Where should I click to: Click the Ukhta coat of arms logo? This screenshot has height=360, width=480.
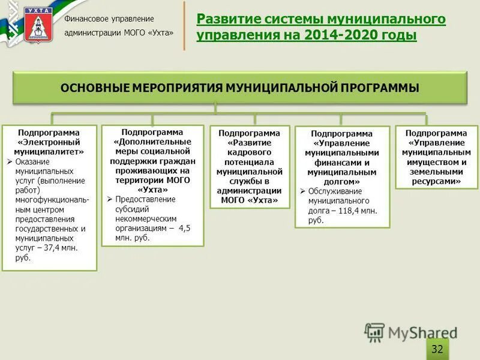point(38,25)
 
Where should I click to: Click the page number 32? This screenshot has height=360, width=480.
point(437,349)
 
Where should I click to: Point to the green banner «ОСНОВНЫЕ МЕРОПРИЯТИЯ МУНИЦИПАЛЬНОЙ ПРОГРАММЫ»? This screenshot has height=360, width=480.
point(239,88)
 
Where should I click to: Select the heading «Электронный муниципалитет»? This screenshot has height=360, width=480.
point(49,147)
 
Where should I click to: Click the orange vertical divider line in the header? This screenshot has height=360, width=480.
point(184,26)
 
